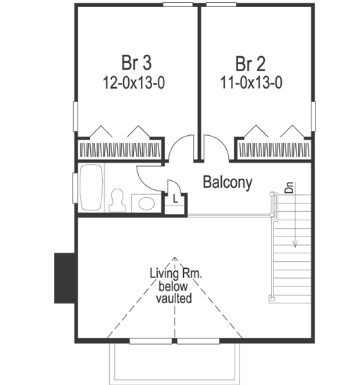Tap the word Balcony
pos(228,182)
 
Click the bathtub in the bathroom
pos(91,187)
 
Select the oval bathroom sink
pos(147,203)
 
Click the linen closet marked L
pos(175,199)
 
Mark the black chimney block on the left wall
pos(65,278)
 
